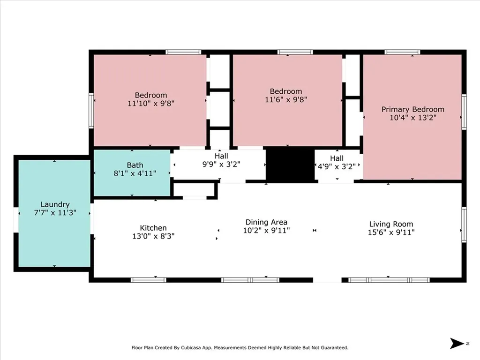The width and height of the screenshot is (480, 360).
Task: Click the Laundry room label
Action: tap(55, 204)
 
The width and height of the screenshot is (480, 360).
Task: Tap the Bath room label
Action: tap(135, 165)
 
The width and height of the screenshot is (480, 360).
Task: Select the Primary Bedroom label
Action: tap(412, 109)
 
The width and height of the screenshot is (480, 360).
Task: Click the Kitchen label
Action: tap(153, 228)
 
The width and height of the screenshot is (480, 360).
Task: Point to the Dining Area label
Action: tap(266, 222)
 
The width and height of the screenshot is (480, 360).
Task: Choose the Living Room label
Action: tap(391, 224)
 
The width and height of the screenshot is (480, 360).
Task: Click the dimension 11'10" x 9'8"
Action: tap(151, 104)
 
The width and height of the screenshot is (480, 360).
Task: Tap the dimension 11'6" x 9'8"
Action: tap(286, 99)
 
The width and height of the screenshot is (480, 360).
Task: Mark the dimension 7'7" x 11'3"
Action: tap(55, 212)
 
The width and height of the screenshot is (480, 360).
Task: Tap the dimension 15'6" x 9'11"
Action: tap(391, 232)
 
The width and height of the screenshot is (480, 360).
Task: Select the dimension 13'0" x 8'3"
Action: tap(153, 236)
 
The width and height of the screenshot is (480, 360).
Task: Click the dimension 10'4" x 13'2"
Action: tap(412, 118)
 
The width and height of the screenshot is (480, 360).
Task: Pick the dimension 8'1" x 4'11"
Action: tap(135, 173)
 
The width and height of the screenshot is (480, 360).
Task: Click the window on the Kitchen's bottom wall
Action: tap(148, 280)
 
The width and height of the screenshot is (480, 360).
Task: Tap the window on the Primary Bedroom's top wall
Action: tap(402, 52)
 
